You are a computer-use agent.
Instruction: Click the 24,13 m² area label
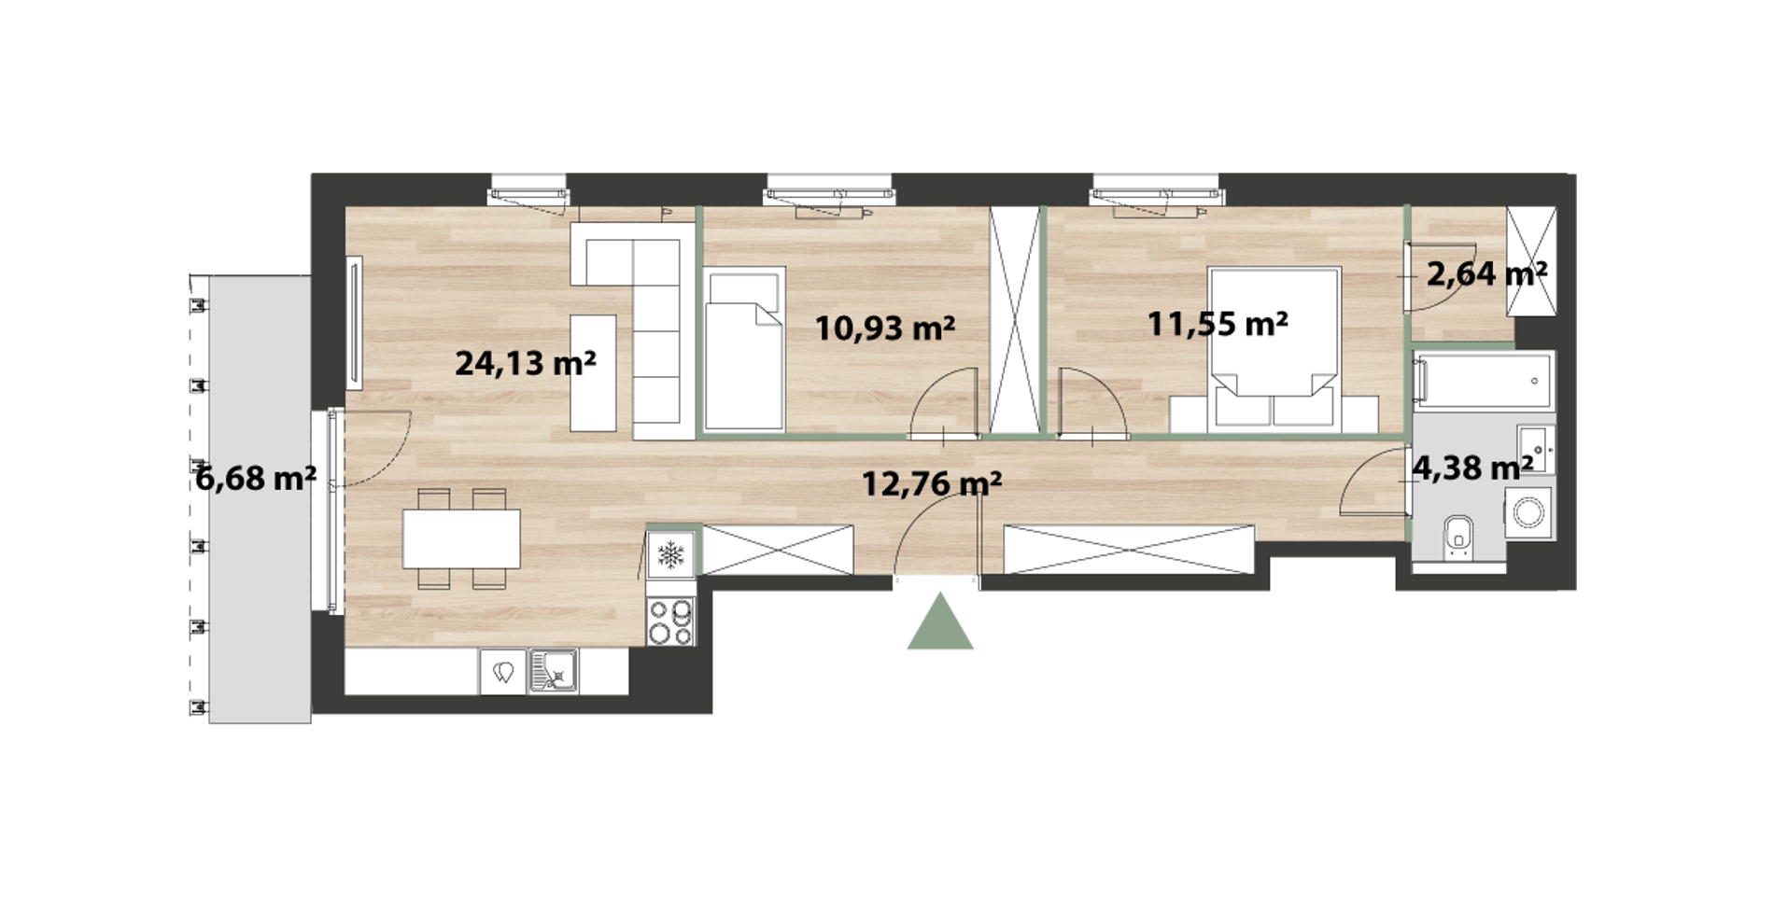(525, 363)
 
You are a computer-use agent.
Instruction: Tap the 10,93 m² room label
(884, 328)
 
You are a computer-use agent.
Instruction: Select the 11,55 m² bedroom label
(1218, 324)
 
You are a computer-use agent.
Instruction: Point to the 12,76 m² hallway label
(931, 483)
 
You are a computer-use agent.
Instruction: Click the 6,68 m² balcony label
(256, 479)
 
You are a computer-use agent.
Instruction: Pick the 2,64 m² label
(1486, 273)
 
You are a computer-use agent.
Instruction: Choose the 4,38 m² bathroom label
(1471, 468)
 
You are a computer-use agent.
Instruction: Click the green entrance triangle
(940, 621)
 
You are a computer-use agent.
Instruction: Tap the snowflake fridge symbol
(670, 555)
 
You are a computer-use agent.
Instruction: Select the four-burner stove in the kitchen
(671, 621)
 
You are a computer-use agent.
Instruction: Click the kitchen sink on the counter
(554, 672)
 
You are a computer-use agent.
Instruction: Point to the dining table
(461, 538)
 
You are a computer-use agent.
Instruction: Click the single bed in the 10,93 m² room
(744, 349)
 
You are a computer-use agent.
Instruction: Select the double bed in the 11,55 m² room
(1274, 350)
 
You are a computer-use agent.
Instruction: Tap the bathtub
(1483, 381)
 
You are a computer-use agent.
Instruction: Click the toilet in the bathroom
(1457, 537)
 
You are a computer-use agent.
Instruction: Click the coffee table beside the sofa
(593, 373)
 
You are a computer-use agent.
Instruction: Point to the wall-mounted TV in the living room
(354, 323)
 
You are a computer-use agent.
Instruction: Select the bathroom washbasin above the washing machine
(1536, 450)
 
